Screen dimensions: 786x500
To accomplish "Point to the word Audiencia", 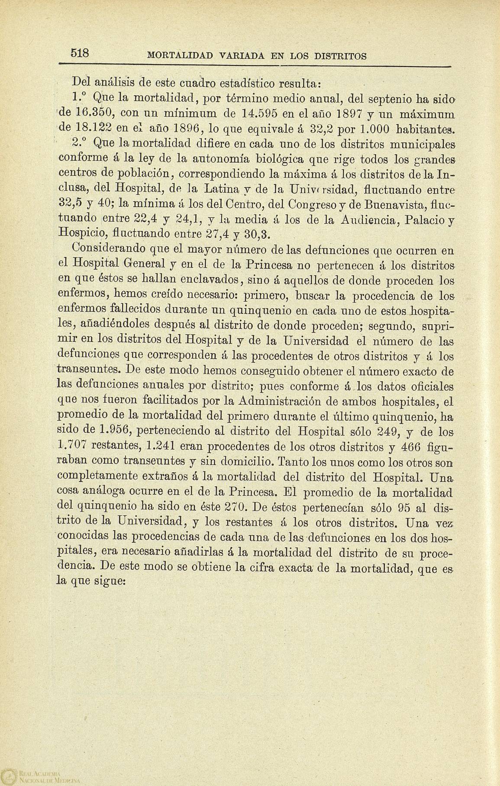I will (x=375, y=219).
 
